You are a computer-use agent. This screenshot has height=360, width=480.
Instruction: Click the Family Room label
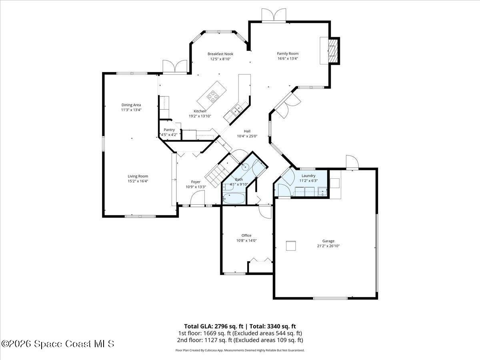tap(288, 54)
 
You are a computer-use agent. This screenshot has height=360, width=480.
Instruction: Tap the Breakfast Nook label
tap(220, 54)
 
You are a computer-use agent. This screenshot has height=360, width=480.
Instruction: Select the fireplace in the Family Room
tap(332, 50)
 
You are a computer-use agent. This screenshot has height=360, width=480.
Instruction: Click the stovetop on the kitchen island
tap(213, 95)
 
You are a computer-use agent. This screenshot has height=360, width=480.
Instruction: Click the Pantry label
tap(169, 130)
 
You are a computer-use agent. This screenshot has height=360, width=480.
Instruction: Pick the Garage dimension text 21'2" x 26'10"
tap(328, 246)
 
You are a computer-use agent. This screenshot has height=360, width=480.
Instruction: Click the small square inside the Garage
tap(291, 246)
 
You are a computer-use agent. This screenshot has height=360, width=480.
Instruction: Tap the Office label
tap(246, 235)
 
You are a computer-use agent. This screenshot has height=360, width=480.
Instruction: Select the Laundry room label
tap(308, 176)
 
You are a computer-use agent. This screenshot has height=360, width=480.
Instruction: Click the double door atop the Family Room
tap(274, 14)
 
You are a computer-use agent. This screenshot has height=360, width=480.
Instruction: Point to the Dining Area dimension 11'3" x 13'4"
tap(131, 110)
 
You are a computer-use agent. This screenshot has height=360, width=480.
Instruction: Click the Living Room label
tap(138, 176)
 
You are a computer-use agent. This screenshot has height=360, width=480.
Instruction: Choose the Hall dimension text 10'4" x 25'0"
tap(247, 136)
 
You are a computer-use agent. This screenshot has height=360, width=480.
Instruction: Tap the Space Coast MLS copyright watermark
tap(58, 344)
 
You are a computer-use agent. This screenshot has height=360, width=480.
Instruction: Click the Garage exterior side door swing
tap(352, 162)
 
